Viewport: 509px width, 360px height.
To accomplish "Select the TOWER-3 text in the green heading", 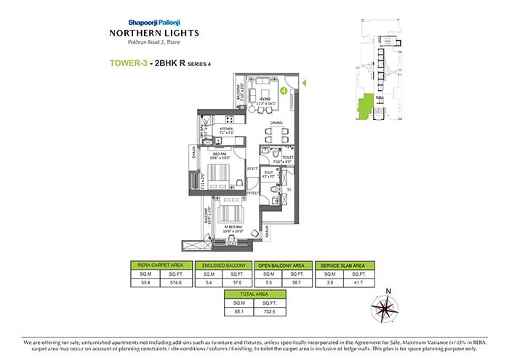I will (x=129, y=63).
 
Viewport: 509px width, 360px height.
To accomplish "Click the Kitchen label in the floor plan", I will (x=227, y=129).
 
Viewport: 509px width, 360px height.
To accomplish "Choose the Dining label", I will (x=277, y=123).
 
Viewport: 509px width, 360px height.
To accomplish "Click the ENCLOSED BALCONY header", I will (x=223, y=265).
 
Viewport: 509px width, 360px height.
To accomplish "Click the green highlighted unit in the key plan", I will (x=369, y=105).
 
